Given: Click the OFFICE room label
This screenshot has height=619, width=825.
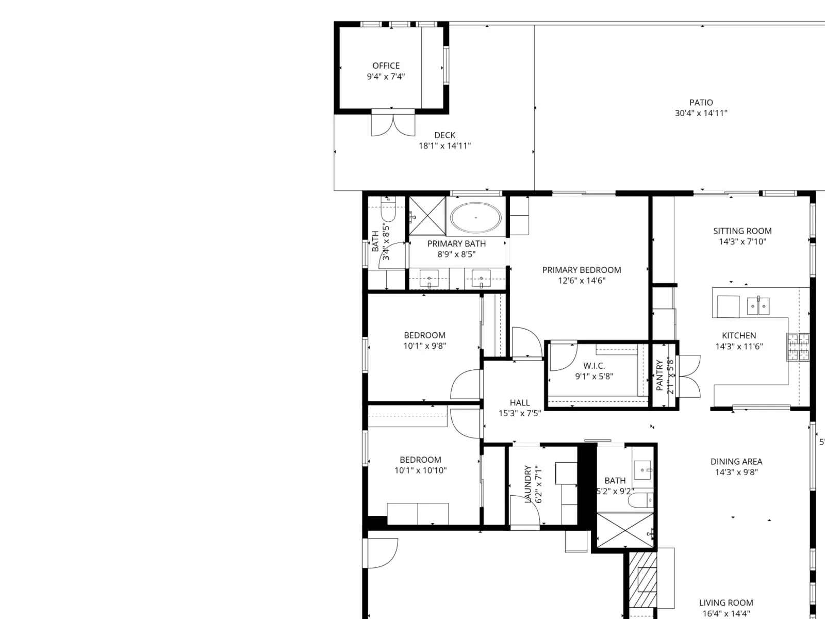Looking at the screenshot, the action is tap(386, 66).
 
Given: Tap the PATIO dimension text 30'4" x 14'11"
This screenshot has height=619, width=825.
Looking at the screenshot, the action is tap(701, 113).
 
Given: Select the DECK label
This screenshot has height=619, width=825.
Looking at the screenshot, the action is tap(444, 135).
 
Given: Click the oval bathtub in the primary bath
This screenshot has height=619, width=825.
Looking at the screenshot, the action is tap(475, 218).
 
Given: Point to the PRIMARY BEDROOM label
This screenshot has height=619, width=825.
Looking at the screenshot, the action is tap(582, 270).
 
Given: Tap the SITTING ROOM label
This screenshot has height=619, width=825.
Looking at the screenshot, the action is tap(742, 231).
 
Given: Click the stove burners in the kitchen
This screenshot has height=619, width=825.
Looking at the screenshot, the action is tap(798, 347).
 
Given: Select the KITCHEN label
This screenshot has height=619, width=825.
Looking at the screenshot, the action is tap(739, 336).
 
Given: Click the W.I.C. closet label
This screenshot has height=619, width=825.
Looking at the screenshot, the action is tap(594, 365).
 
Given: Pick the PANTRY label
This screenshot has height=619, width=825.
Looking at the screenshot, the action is tap(659, 375).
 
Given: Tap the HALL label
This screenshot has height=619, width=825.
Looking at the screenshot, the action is tap(520, 402).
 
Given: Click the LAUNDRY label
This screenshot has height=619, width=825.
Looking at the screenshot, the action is tap(527, 484).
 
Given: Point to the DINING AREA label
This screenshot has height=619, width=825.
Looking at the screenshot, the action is tap(736, 462).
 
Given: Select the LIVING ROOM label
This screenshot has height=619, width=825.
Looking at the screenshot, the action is tap(726, 603).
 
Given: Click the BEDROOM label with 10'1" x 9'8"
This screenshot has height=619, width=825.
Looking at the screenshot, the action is tap(424, 335).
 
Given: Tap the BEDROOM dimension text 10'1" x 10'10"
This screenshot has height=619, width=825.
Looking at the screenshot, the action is tap(420, 470).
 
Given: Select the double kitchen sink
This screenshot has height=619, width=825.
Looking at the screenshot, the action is tap(758, 305).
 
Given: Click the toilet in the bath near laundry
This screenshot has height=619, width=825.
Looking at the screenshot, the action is tap(641, 500).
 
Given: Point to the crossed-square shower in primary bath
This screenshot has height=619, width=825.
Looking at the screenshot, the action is tap(427, 216).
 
